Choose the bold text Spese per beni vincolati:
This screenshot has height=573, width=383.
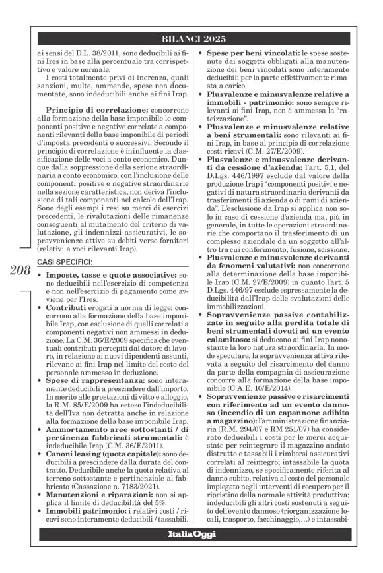point(252,53)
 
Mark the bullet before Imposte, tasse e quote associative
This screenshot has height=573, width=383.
point(41,274)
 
